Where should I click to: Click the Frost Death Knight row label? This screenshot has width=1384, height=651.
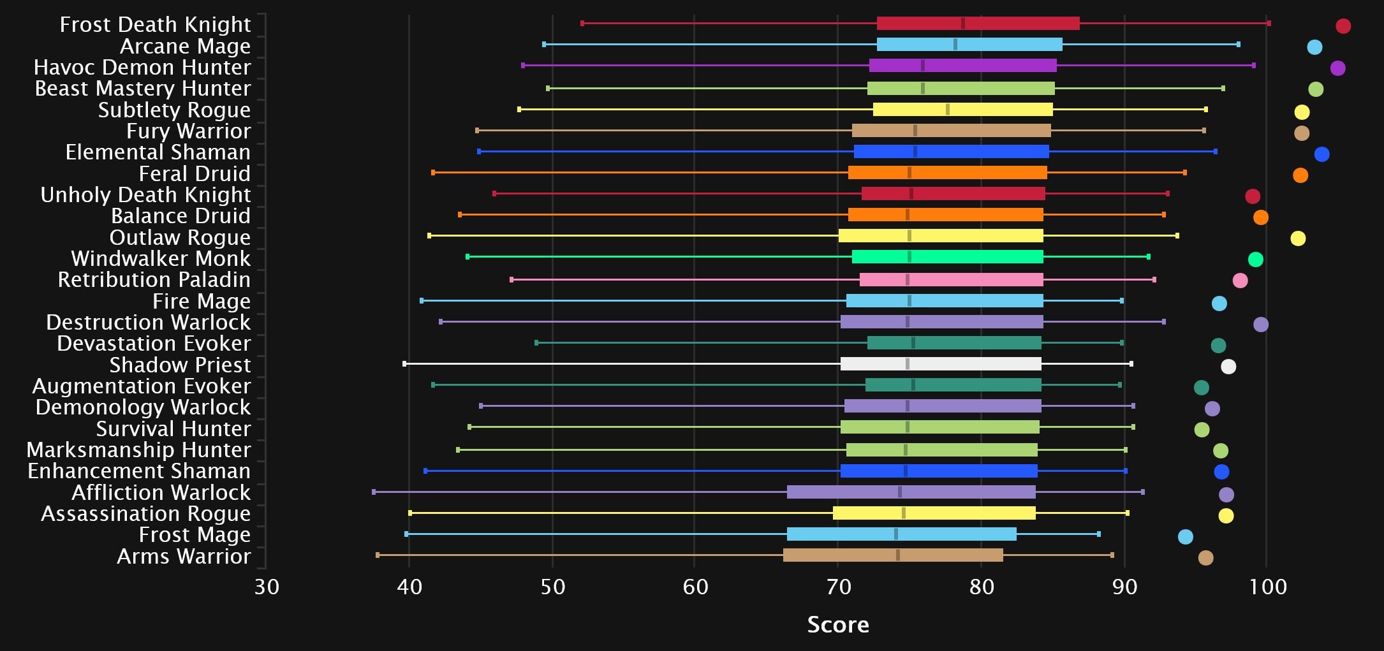pos(155,24)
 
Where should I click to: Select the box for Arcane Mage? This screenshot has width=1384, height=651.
pos(969,45)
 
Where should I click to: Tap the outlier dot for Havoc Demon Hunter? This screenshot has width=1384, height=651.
pos(1337,68)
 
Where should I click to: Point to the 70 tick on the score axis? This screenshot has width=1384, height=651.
pos(838,586)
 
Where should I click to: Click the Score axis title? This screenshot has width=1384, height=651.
pos(838,624)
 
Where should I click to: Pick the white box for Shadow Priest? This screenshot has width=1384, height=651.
pos(941,364)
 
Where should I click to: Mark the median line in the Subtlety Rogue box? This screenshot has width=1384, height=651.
pos(947,110)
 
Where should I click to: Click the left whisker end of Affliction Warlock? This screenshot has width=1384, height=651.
pos(374,492)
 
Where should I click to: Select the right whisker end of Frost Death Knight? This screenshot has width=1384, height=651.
pos(1269,24)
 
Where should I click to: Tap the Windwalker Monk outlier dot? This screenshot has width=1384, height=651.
pos(1255,260)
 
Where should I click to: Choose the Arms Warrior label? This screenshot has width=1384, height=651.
pos(184,556)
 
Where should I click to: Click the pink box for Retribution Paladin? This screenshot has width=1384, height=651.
pos(951,279)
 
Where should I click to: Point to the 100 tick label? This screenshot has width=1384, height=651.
pos(1267,586)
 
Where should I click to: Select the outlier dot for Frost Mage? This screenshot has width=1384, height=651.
pos(1185,537)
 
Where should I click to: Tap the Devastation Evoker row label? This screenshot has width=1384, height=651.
pos(154,343)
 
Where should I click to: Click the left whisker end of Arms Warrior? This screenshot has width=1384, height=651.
pos(378,555)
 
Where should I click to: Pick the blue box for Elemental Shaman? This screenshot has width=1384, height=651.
pos(951,152)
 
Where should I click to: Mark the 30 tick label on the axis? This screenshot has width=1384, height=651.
pos(267,586)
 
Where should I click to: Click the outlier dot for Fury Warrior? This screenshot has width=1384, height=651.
pos(1302,133)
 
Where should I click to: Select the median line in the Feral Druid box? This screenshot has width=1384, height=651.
pos(909,173)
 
